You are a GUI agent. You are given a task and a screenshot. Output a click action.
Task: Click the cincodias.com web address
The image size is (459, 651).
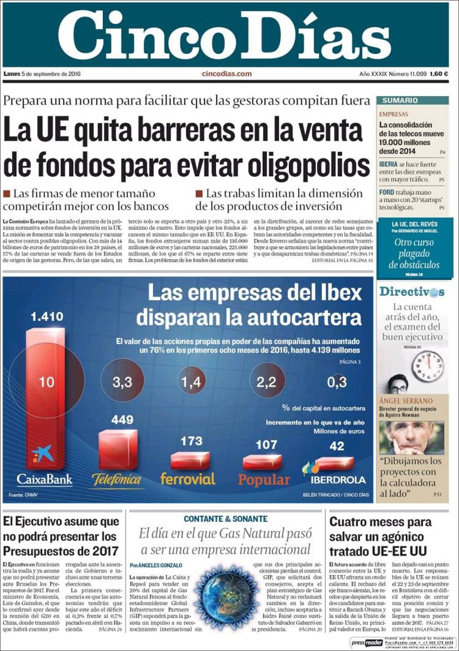coord(226,74)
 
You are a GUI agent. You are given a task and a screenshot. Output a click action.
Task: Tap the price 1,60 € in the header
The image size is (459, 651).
coord(438,74)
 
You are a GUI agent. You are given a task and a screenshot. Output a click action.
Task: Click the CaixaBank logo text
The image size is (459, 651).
coord(44,479)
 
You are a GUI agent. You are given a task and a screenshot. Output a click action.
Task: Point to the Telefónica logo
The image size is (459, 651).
coord(117,480)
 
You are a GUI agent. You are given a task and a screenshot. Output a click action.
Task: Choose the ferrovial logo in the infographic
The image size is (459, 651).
coord(187,478)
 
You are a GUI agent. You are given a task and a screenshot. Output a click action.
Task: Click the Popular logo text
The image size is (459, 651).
coord(264,480)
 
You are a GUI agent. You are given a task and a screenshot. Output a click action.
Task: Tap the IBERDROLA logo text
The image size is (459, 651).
coord(338,480)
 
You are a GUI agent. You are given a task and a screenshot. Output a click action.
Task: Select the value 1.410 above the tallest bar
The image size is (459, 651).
coord(47,317)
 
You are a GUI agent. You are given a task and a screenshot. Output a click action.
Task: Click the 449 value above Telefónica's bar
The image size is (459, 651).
coord(122,420)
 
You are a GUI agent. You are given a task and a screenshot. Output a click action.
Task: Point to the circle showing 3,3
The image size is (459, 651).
coord(122,382)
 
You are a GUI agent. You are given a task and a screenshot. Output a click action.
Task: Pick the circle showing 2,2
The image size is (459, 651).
coord(267,382)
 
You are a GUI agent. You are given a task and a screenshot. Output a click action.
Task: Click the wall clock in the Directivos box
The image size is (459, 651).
coord(429,365)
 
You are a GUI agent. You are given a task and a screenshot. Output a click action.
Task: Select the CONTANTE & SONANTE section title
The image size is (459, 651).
coord(226,519)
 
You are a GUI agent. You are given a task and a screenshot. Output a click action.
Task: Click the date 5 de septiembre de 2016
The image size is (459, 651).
coord(51,74)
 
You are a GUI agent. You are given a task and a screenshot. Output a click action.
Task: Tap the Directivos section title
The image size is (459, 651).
coord(412,292)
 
